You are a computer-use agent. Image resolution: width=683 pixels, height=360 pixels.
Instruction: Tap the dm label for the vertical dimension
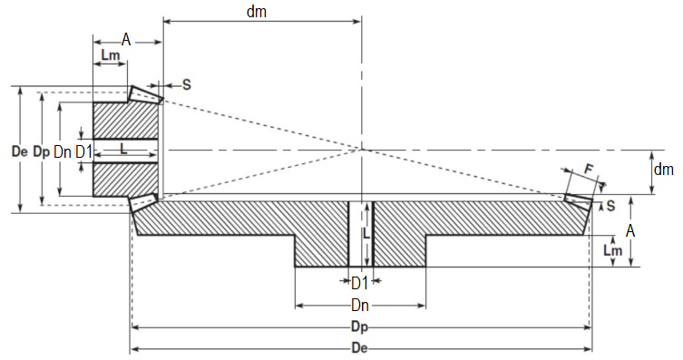tap(664, 169)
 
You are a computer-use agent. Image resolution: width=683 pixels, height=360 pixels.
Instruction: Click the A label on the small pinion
tap(126, 39)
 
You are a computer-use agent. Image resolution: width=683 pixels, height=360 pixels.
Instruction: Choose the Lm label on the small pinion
tap(112, 56)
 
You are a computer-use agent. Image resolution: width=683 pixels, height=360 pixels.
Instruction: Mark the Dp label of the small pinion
tap(41, 151)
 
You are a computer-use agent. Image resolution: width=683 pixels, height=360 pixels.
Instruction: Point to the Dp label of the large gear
tap(361, 326)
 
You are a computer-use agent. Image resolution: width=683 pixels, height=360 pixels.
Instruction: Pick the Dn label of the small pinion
tap(63, 151)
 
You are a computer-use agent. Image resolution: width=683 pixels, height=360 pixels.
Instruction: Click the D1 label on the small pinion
tap(83, 151)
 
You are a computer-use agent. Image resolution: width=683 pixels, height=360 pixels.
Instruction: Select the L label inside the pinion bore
tap(123, 148)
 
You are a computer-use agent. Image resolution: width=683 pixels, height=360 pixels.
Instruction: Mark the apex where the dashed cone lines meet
tap(361, 148)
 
